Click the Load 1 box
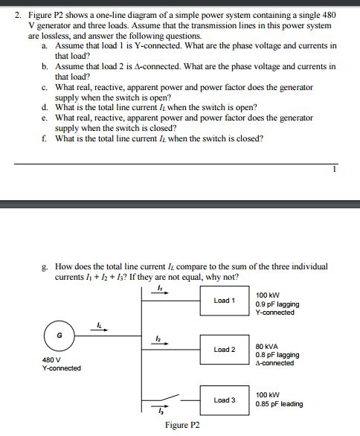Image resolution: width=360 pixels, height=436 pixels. (x=223, y=301)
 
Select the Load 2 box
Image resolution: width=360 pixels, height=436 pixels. (x=223, y=349)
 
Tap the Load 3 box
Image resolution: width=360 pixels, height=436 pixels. (x=223, y=400)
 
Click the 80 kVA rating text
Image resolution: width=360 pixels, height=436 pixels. (x=268, y=347)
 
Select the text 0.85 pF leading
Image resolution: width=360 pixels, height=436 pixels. (x=278, y=404)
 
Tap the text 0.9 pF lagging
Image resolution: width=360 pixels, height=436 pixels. (x=277, y=304)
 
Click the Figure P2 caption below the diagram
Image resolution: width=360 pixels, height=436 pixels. (x=182, y=426)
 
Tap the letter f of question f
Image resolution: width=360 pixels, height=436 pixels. (x=46, y=138)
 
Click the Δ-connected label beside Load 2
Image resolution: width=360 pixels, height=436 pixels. (x=274, y=363)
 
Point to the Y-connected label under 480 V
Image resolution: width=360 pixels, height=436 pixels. (x=61, y=368)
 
